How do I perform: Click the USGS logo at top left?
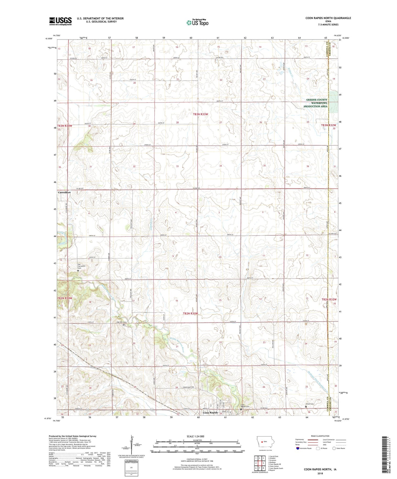coord(60,21)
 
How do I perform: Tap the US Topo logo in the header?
coord(197,22)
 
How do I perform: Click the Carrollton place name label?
coord(64,192)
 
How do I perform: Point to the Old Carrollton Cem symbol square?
coord(78,271)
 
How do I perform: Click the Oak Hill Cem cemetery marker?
coord(124,325)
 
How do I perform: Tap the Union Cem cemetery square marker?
coord(307,407)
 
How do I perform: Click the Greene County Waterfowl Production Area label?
coord(317,103)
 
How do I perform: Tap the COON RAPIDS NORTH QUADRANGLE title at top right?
coord(328,18)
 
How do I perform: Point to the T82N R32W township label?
coord(329,300)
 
